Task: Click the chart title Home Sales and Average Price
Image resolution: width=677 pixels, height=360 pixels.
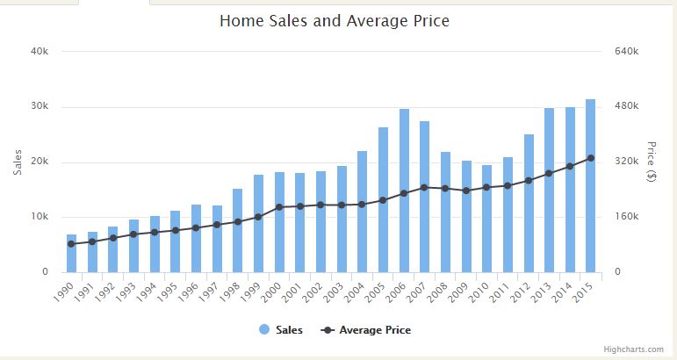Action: click(x=334, y=20)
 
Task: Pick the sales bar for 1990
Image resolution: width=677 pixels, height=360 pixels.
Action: click(x=72, y=254)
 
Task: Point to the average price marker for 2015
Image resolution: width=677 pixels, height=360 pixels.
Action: click(x=591, y=158)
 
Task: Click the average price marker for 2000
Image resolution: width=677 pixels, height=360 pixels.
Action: click(x=279, y=207)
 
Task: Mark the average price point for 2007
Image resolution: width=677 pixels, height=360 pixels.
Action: click(x=425, y=187)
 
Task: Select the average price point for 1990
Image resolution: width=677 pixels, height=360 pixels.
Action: click(x=72, y=244)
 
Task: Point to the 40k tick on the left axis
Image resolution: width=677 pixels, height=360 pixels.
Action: click(x=40, y=52)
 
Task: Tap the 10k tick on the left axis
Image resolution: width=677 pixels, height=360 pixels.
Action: click(x=40, y=217)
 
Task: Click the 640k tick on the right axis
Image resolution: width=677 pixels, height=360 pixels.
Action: click(x=625, y=52)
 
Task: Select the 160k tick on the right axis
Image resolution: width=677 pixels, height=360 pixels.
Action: click(x=625, y=217)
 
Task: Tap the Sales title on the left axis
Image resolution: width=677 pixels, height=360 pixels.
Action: click(x=18, y=162)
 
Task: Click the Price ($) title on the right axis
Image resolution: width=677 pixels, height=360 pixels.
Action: click(x=652, y=162)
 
